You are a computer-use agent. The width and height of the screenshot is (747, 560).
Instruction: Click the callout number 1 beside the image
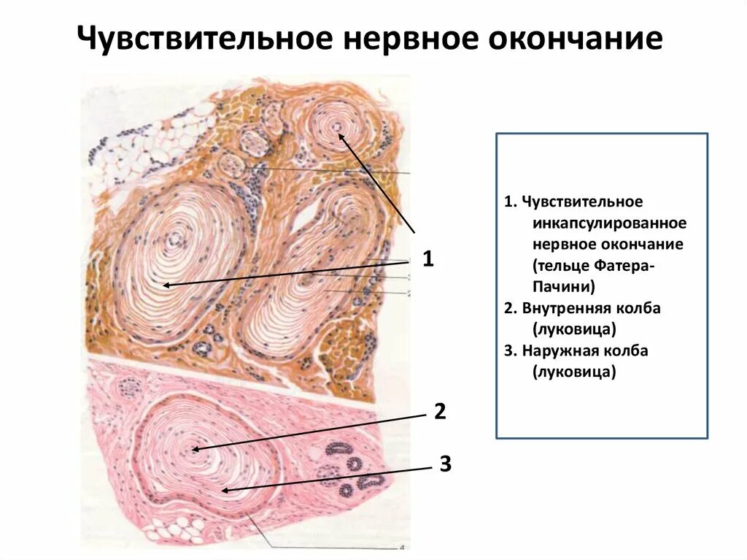pyautogui.click(x=428, y=258)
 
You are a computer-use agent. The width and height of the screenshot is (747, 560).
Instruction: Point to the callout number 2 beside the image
pyautogui.click(x=439, y=411)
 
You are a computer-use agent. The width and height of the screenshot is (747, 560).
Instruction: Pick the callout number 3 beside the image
pyautogui.click(x=445, y=463)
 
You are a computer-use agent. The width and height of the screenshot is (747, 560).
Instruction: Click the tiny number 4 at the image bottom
pyautogui.click(x=401, y=547)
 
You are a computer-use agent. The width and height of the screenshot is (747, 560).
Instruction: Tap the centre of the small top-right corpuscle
pyautogui.click(x=336, y=128)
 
